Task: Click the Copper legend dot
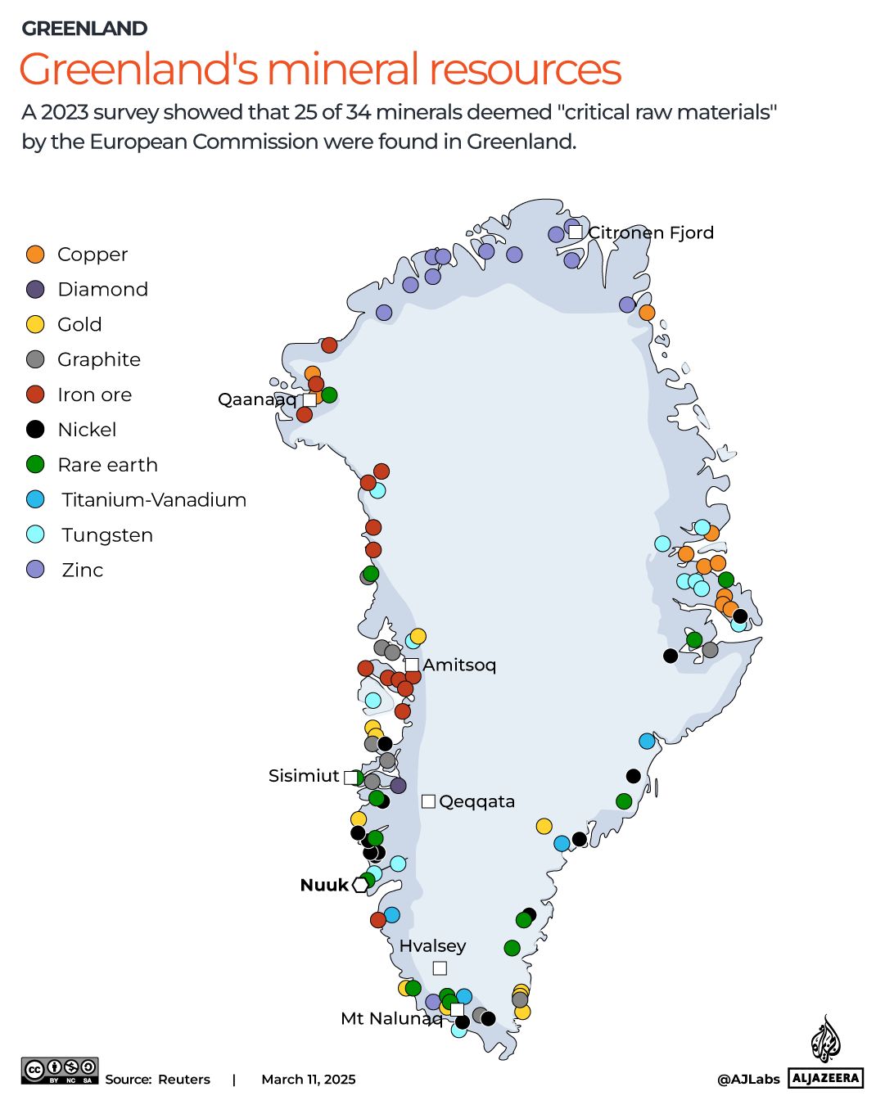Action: (x=35, y=255)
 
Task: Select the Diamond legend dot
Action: (x=35, y=290)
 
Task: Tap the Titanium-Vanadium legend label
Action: (x=154, y=500)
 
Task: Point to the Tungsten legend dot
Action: (x=35, y=535)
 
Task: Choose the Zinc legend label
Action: (x=83, y=571)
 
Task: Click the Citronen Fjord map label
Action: (x=651, y=232)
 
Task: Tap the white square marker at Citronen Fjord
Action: (x=576, y=232)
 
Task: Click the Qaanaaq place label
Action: (x=257, y=399)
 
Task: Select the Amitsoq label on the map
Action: (x=459, y=665)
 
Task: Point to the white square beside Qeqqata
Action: (x=428, y=801)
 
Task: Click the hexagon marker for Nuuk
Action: (x=360, y=885)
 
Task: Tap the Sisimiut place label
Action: (x=304, y=776)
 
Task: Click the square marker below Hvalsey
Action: (x=440, y=968)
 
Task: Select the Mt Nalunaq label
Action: (x=391, y=1019)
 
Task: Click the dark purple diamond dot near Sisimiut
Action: (x=399, y=786)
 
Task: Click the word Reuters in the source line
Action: (x=184, y=1080)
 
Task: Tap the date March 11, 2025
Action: (x=309, y=1080)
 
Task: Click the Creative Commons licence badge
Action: (x=60, y=1071)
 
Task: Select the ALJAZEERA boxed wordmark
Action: (x=826, y=1078)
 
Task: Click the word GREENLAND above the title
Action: (x=85, y=29)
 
